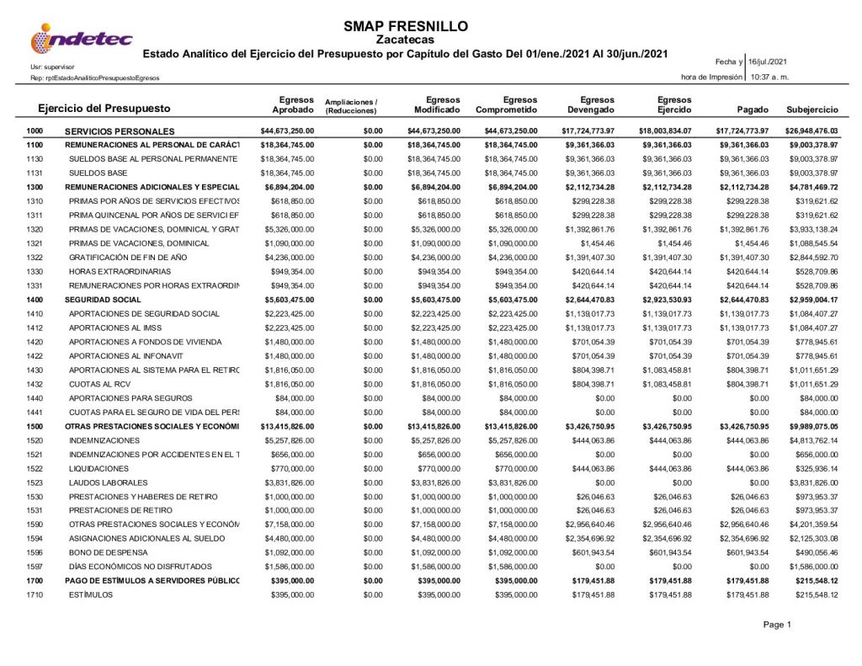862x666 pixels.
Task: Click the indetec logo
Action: tap(81, 39)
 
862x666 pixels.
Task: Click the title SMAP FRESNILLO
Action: tap(406, 26)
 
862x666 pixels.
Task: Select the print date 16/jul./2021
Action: tap(770, 61)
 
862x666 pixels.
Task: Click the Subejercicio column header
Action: tap(811, 110)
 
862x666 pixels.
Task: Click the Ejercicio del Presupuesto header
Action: tap(104, 109)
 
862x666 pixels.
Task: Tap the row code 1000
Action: tap(35, 131)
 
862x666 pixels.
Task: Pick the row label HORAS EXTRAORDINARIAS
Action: tap(120, 271)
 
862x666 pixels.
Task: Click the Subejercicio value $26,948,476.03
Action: tap(811, 131)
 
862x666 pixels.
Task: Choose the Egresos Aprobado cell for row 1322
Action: tap(289, 257)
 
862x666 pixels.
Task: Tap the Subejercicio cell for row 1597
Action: tap(813, 567)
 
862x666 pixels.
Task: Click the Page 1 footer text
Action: tap(777, 624)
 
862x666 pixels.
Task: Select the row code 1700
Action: tap(35, 581)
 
